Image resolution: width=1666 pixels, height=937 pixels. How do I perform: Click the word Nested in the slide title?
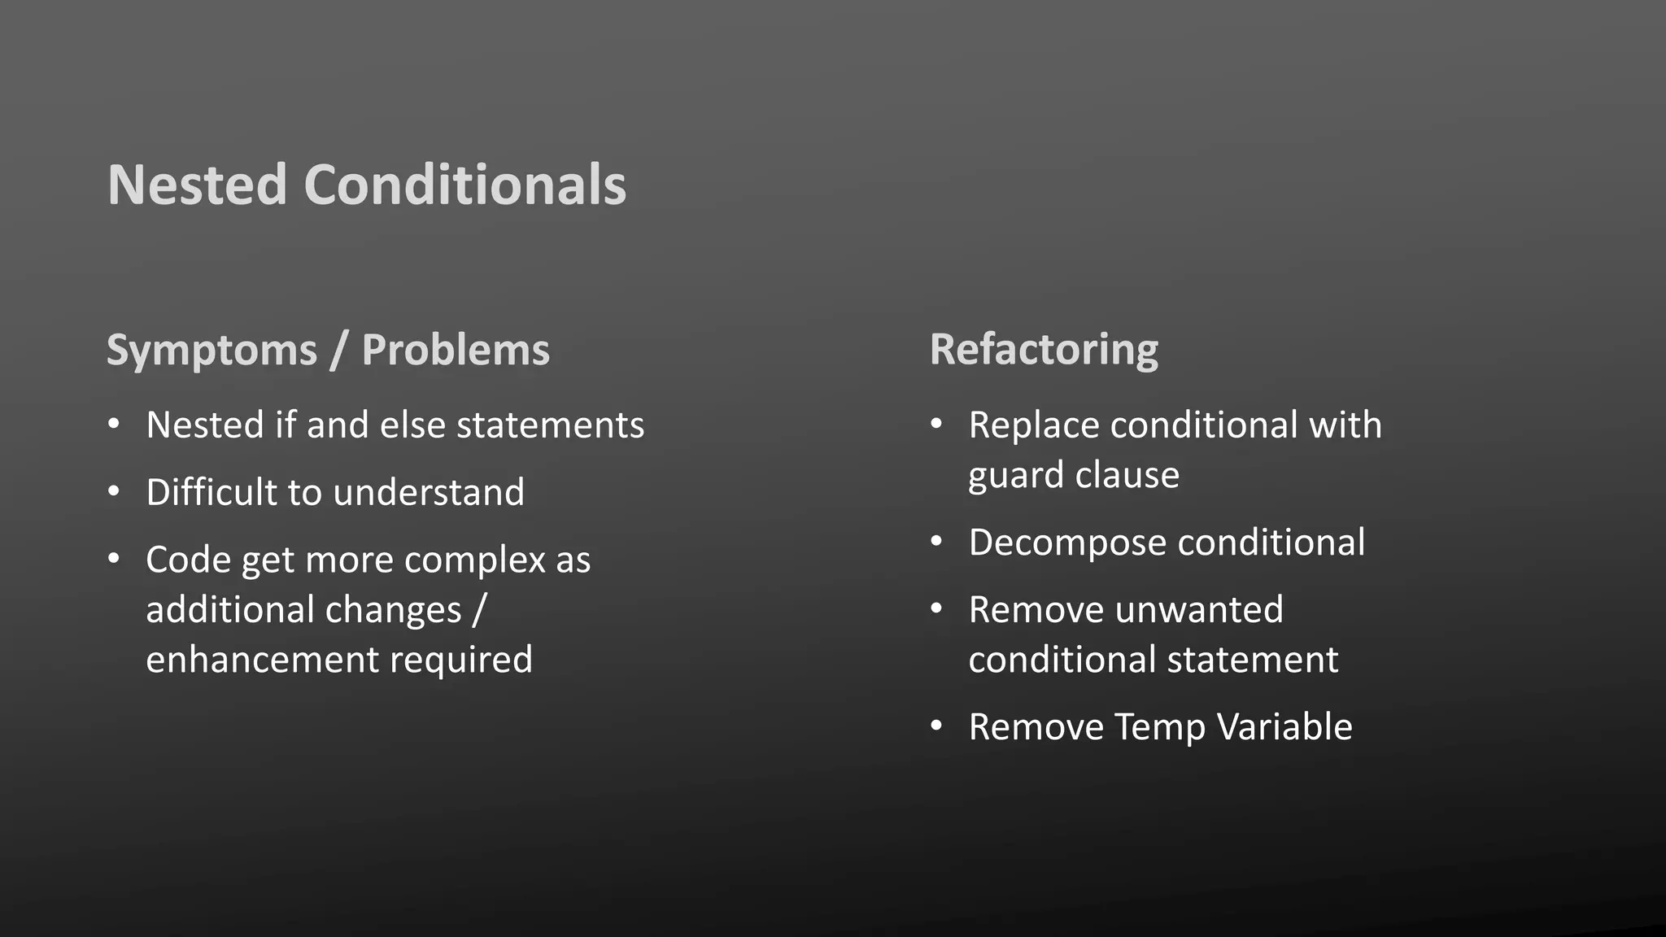point(198,185)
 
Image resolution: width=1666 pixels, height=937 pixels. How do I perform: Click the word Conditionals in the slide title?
point(464,185)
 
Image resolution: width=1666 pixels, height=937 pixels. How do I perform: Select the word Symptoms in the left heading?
point(212,351)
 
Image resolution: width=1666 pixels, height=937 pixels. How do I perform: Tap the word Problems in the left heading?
point(456,351)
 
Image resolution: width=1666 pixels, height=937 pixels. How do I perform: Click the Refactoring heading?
point(1044,351)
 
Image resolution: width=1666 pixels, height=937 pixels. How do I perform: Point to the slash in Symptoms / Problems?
point(339,351)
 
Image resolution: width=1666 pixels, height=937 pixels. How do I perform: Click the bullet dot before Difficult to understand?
point(114,491)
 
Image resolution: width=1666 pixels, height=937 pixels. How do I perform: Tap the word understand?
point(429,492)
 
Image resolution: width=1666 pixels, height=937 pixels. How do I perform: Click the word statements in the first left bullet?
point(550,425)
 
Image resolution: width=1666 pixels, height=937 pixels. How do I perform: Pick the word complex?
point(474,560)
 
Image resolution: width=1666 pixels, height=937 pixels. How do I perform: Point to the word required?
point(460,660)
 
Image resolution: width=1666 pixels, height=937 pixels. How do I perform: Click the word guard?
point(1013,476)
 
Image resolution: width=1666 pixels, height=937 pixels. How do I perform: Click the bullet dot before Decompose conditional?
point(936,542)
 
